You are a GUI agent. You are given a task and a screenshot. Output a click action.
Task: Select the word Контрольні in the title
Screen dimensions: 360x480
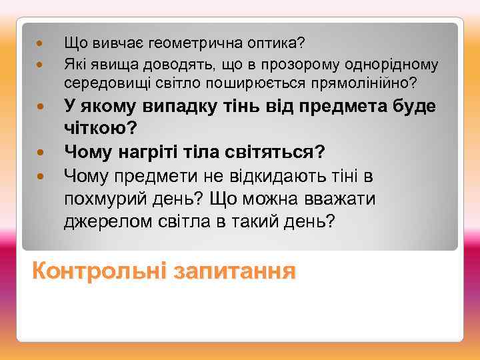pos(99,271)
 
